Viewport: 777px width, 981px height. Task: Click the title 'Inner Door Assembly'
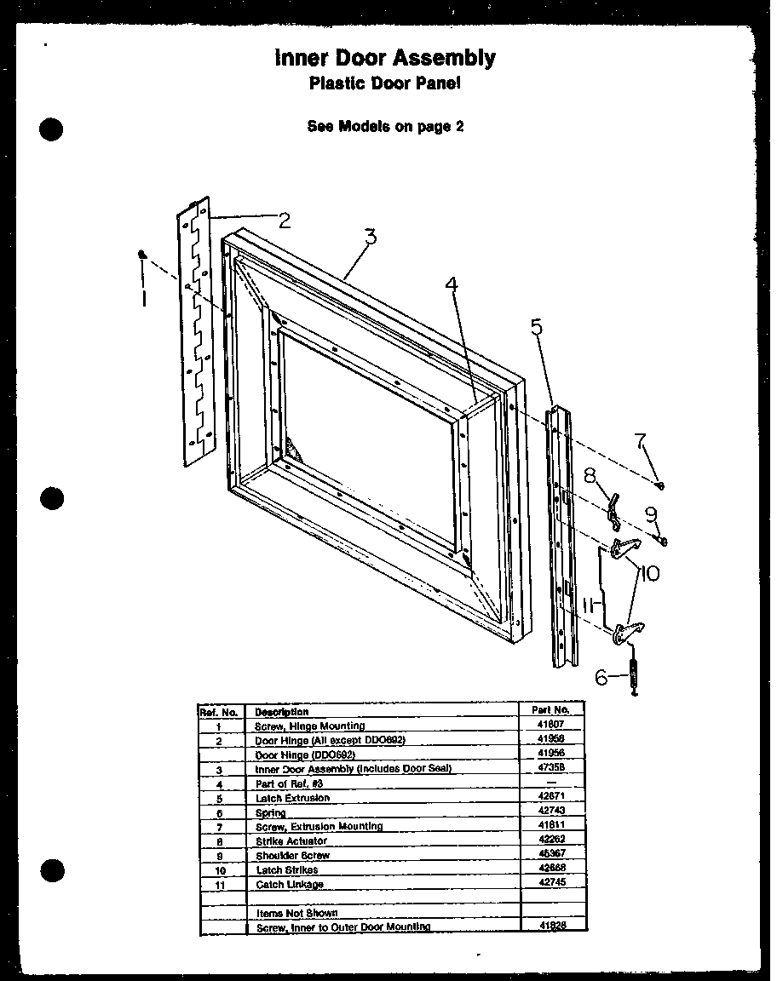(384, 58)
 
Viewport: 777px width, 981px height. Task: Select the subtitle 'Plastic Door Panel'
(384, 83)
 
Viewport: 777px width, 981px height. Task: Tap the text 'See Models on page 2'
(385, 126)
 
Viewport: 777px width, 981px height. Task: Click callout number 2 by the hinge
(284, 221)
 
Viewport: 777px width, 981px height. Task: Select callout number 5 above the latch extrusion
(536, 327)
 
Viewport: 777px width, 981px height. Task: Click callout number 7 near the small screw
(640, 442)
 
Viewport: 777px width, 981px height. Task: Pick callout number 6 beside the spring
(601, 677)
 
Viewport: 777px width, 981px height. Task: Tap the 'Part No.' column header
(551, 709)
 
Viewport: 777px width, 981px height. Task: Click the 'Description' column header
(282, 711)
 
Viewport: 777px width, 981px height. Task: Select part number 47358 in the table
(551, 768)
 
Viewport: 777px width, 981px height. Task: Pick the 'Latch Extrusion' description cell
(292, 798)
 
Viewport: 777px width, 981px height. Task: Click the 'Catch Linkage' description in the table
(290, 885)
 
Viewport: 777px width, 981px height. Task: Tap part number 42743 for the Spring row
(551, 812)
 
